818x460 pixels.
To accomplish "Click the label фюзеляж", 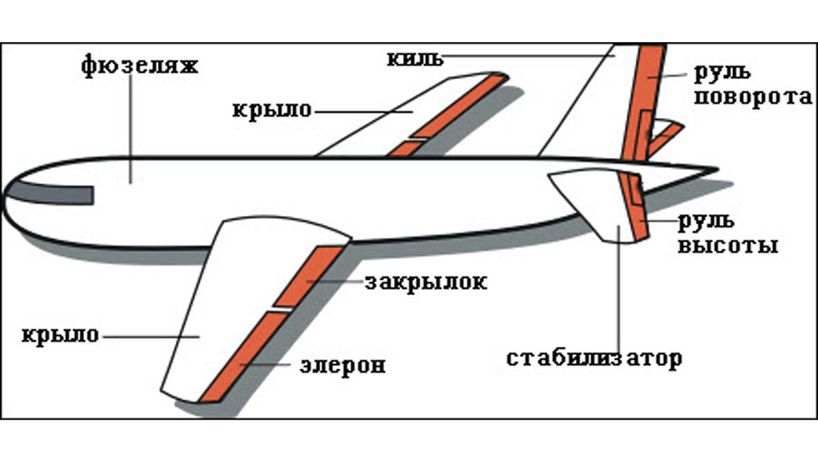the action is click(x=139, y=67).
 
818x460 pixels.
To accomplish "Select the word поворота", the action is click(x=753, y=97).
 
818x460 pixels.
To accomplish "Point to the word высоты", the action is click(x=727, y=245).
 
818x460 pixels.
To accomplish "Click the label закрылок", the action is click(x=426, y=282).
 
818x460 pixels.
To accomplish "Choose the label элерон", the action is click(x=343, y=365).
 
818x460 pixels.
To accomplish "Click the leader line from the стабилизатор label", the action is click(x=620, y=293).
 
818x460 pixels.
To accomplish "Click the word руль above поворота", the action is click(x=722, y=72).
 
